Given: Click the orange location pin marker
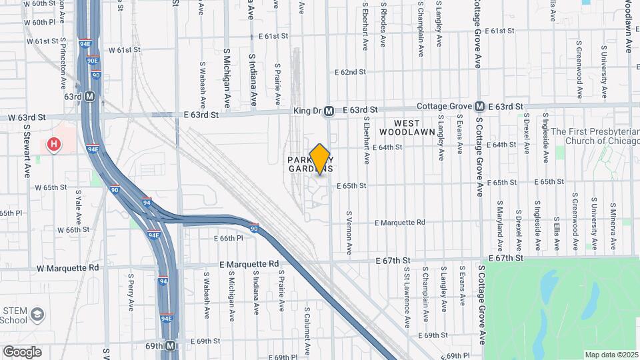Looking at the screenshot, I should point(320,159).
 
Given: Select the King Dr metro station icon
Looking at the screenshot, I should point(328,112).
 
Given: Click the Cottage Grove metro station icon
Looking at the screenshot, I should point(479,107).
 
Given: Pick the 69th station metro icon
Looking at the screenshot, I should point(171,345).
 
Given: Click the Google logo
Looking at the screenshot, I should point(22,351).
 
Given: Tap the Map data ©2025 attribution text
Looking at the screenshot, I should point(611,355).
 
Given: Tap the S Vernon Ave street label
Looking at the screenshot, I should point(349,233).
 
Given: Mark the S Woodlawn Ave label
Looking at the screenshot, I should point(628,27).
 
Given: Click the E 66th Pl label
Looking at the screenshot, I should point(230,238).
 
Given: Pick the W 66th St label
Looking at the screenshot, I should point(73,230).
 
